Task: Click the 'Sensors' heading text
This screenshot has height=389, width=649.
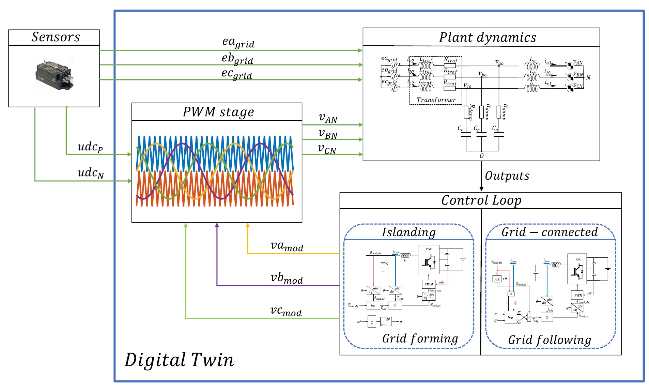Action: pos(56,37)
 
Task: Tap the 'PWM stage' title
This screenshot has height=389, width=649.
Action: pos(218,112)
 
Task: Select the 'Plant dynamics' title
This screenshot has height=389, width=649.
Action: pos(488,38)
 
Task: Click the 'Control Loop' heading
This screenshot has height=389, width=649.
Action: pos(481,200)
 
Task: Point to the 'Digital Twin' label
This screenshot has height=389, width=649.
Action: pos(179,360)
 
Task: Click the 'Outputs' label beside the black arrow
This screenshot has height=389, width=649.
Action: pos(507,176)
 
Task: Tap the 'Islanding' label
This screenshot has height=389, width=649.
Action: pos(408,232)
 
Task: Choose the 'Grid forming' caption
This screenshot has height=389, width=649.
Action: pos(420,339)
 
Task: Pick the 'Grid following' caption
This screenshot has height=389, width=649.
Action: pos(549,340)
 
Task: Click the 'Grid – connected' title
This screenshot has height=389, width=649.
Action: pos(549,232)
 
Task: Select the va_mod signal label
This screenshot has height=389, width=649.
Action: pos(287,246)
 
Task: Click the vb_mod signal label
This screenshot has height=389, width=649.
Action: pos(287,278)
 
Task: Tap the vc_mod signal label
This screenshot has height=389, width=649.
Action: pos(286,311)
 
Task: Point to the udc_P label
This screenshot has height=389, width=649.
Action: pos(90,147)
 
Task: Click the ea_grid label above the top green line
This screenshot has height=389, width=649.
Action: pos(238,42)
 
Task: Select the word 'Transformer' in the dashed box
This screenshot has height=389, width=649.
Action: pos(436,100)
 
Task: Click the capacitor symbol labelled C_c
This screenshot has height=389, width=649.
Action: pos(466,134)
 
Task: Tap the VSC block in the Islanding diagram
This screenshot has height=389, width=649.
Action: pos(429,259)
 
